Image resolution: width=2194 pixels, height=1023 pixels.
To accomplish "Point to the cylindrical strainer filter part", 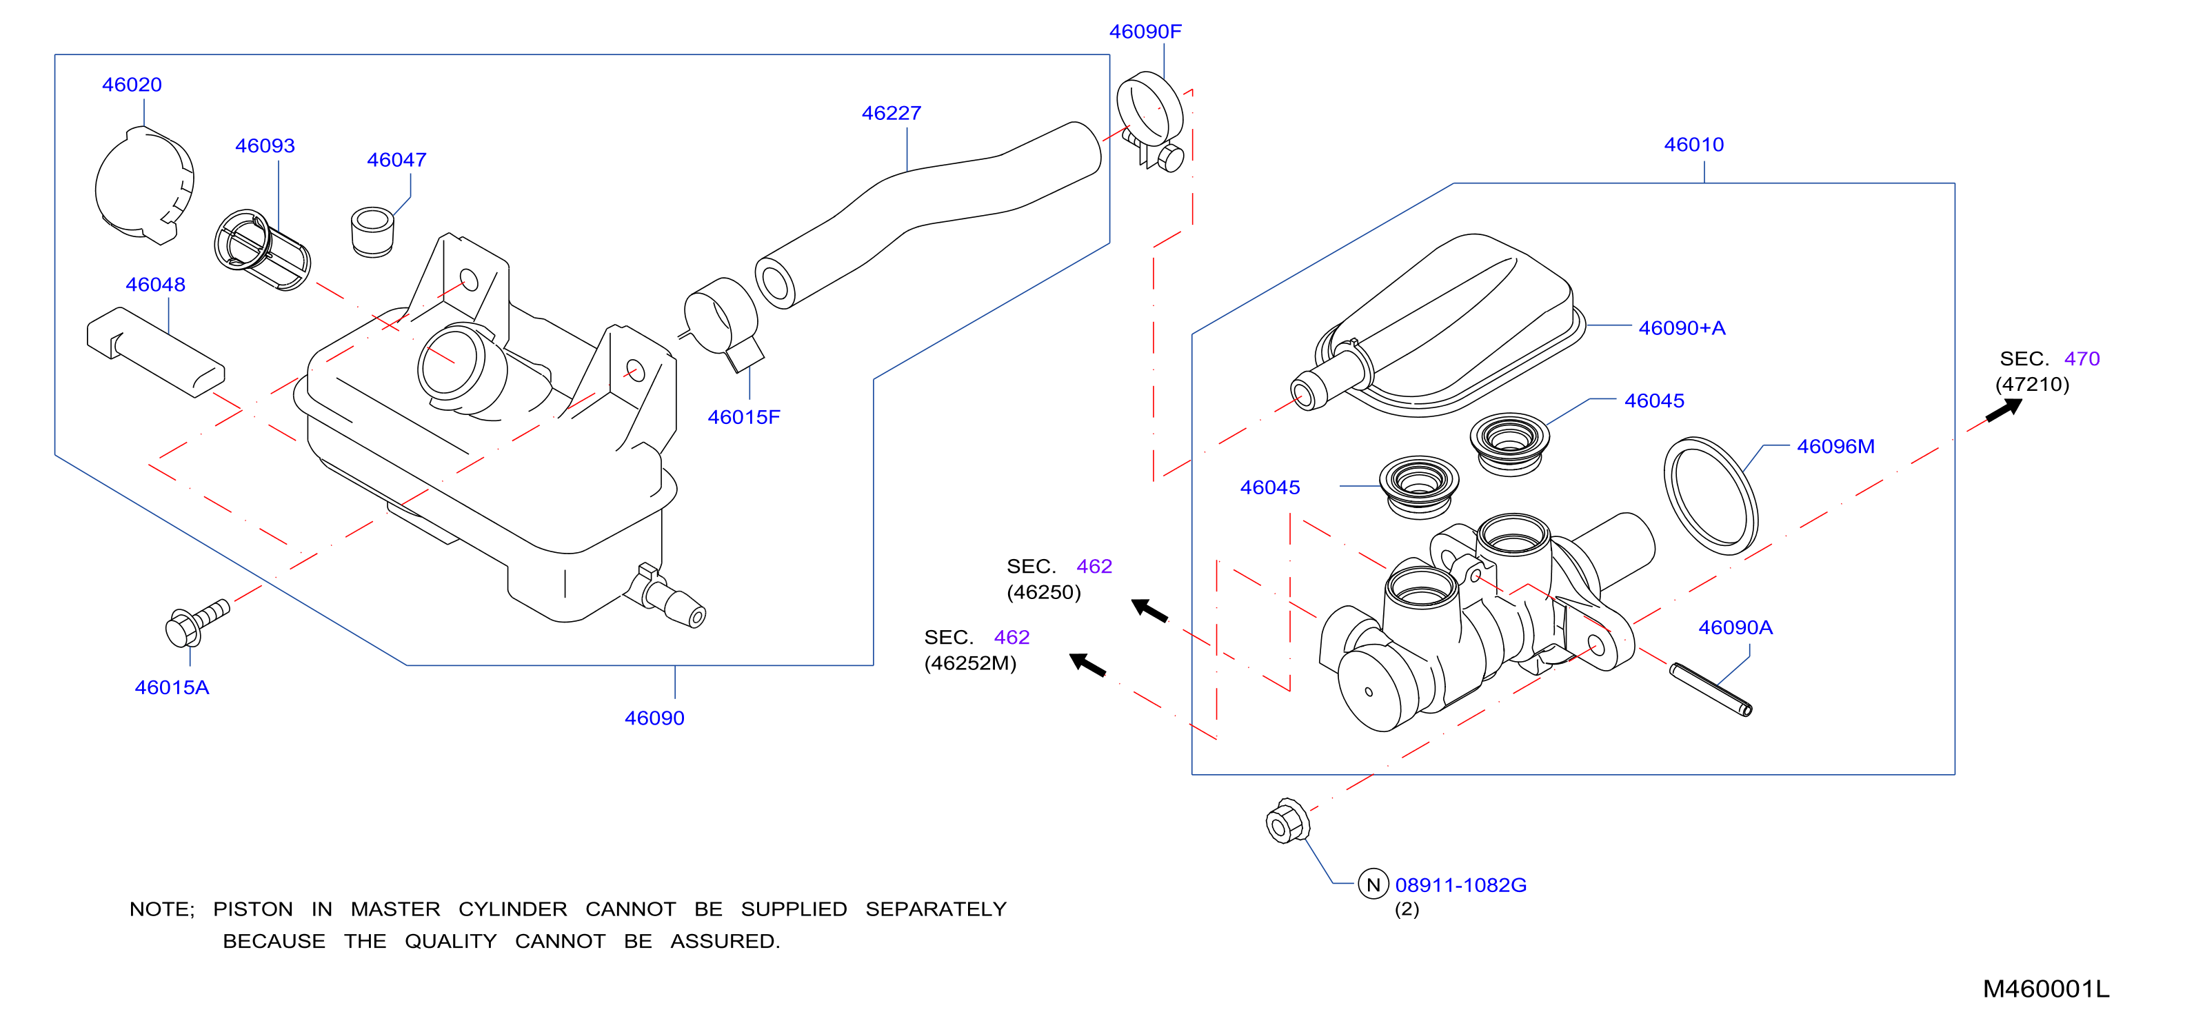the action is pyautogui.click(x=262, y=250).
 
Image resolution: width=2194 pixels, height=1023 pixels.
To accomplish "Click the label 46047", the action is pyautogui.click(x=397, y=159).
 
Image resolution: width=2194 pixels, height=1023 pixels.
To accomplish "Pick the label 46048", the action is pyautogui.click(x=155, y=285).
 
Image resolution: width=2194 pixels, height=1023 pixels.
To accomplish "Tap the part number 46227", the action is pyautogui.click(x=891, y=113).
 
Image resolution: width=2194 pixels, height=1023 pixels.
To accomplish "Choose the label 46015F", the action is pyautogui.click(x=743, y=417).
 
